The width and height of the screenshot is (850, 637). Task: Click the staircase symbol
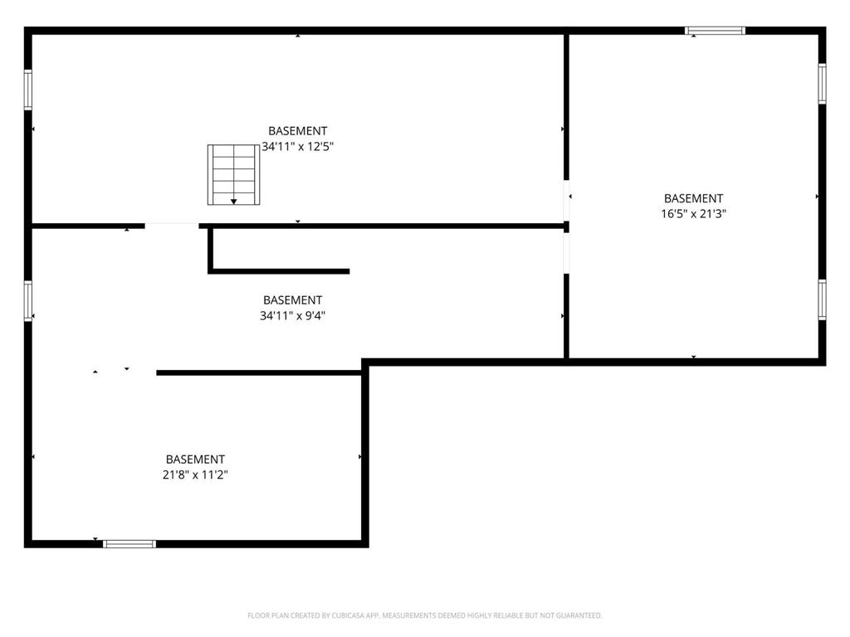[233, 174]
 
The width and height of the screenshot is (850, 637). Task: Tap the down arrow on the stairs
[233, 202]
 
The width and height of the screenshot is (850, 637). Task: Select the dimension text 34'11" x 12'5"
[298, 146]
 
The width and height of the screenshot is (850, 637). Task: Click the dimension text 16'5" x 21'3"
[693, 213]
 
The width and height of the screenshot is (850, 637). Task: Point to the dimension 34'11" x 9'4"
[292, 315]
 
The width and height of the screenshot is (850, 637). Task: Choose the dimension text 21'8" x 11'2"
[195, 474]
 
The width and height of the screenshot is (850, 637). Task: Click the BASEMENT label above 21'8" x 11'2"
[195, 460]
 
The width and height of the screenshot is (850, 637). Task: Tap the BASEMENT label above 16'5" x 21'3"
[693, 198]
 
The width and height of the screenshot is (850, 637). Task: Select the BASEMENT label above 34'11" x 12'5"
[298, 131]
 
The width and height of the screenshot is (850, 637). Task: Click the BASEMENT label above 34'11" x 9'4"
[292, 300]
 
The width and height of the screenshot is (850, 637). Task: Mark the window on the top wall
[715, 31]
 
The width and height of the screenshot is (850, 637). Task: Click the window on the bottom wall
[129, 544]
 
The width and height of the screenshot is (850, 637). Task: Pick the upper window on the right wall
[822, 84]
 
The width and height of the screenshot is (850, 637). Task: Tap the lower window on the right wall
[822, 299]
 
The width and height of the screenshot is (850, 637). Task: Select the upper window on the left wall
[27, 90]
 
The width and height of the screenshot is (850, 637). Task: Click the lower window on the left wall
[27, 300]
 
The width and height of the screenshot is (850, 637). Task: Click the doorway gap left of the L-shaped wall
[172, 226]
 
